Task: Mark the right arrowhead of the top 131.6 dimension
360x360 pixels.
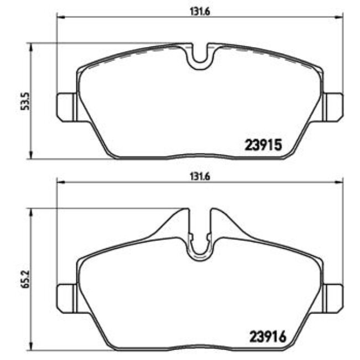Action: coord(340,17)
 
